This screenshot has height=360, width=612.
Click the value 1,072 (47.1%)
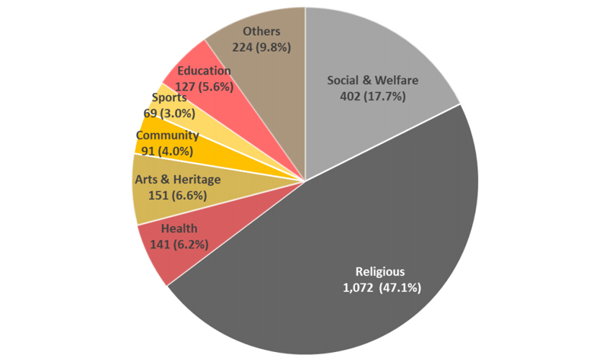click(x=381, y=287)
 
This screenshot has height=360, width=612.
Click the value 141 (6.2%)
click(x=179, y=244)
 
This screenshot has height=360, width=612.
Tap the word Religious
click(x=381, y=271)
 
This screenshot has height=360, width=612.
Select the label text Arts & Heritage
click(x=177, y=179)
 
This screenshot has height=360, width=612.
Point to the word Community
click(x=167, y=135)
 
